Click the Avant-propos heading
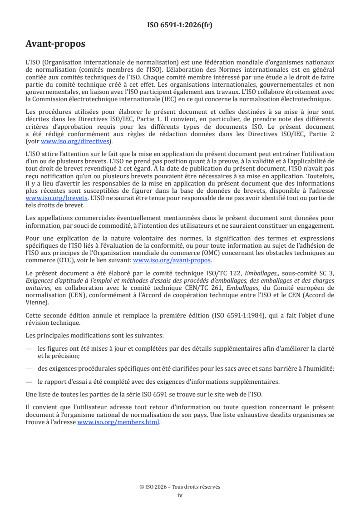(x=55, y=44)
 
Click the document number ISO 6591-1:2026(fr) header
(x=180, y=25)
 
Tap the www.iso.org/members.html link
(x=118, y=422)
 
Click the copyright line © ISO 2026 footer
(x=180, y=487)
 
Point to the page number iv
(x=180, y=495)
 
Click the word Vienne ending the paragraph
(x=36, y=301)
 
